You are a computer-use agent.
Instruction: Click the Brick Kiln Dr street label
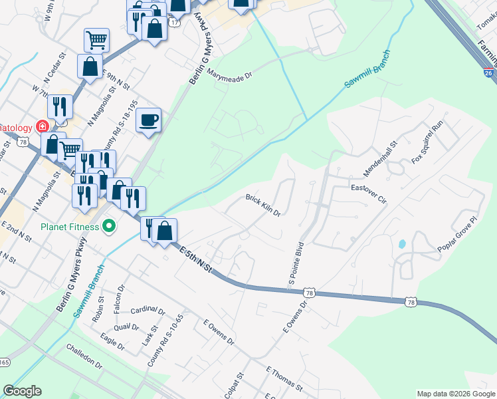pyautogui.click(x=264, y=205)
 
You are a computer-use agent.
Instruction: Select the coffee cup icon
pyautogui.click(x=149, y=120)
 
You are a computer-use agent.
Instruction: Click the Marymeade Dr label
pyautogui.click(x=230, y=74)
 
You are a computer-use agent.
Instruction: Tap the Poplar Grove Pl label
pyautogui.click(x=458, y=233)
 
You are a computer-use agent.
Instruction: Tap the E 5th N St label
pyautogui.click(x=196, y=259)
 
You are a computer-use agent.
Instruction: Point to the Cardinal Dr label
pyautogui.click(x=148, y=311)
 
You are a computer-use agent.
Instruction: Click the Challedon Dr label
pyautogui.click(x=84, y=357)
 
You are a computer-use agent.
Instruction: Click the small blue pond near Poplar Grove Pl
pyautogui.click(x=402, y=244)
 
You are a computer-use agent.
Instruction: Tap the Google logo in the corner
pyautogui.click(x=22, y=391)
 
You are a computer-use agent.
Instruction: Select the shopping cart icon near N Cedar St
pyautogui.click(x=96, y=41)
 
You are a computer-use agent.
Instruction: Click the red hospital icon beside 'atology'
pyautogui.click(x=42, y=126)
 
